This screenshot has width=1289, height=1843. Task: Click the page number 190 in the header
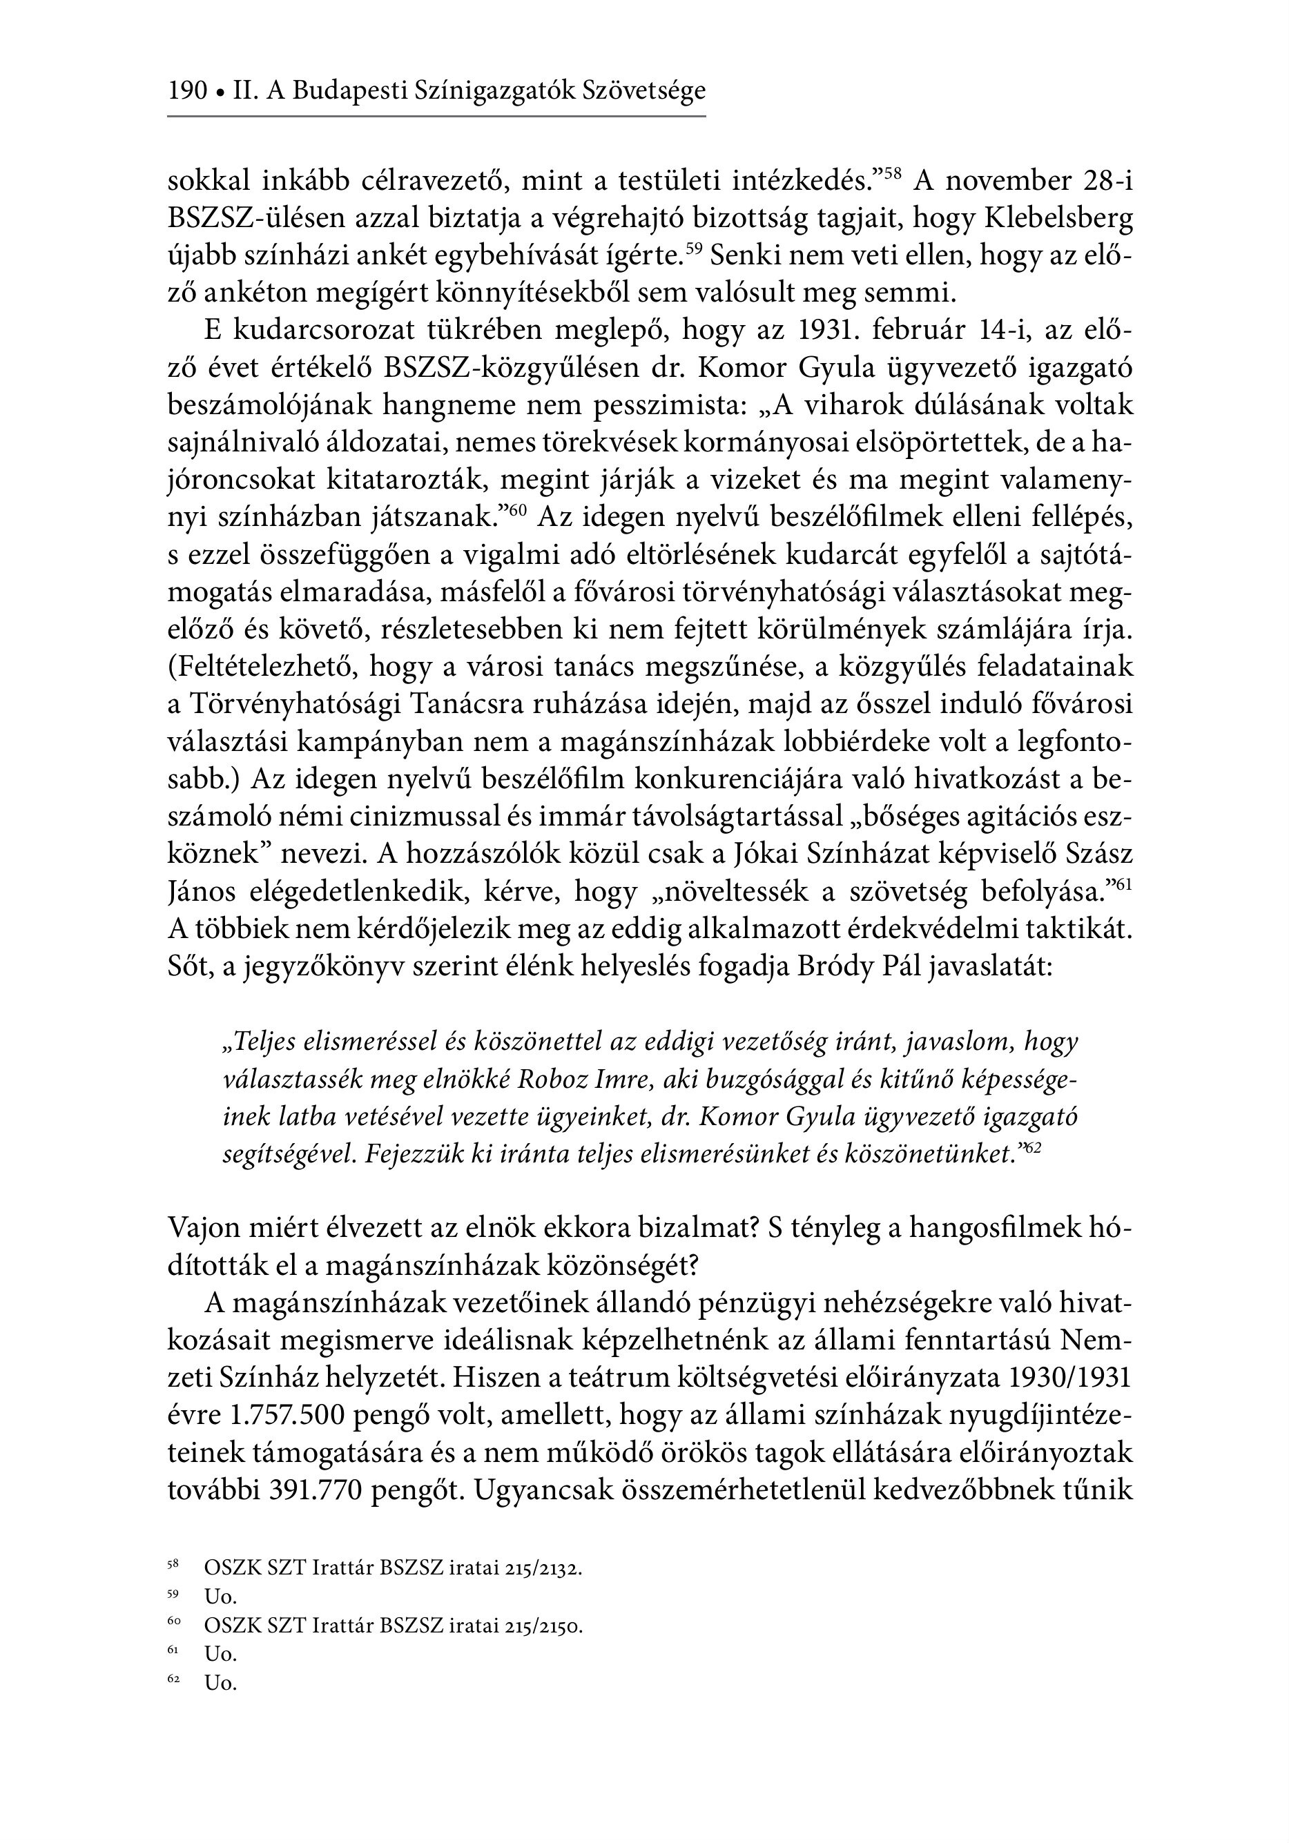pyautogui.click(x=187, y=90)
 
